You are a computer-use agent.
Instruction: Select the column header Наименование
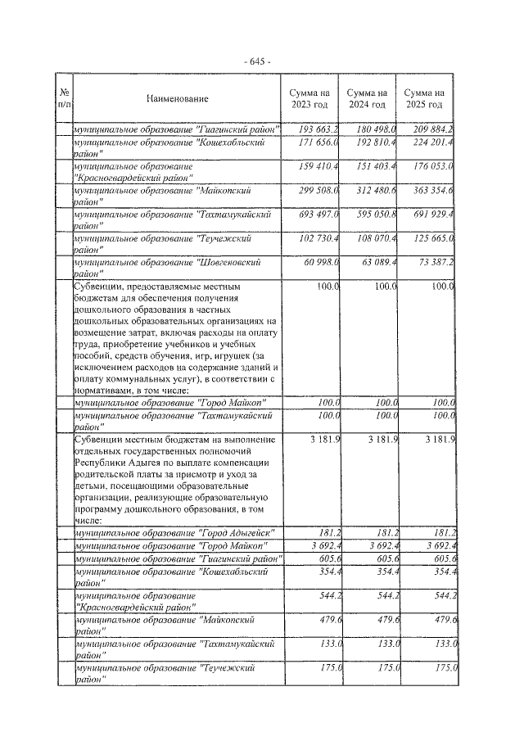178,99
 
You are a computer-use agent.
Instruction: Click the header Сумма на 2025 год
426,99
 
